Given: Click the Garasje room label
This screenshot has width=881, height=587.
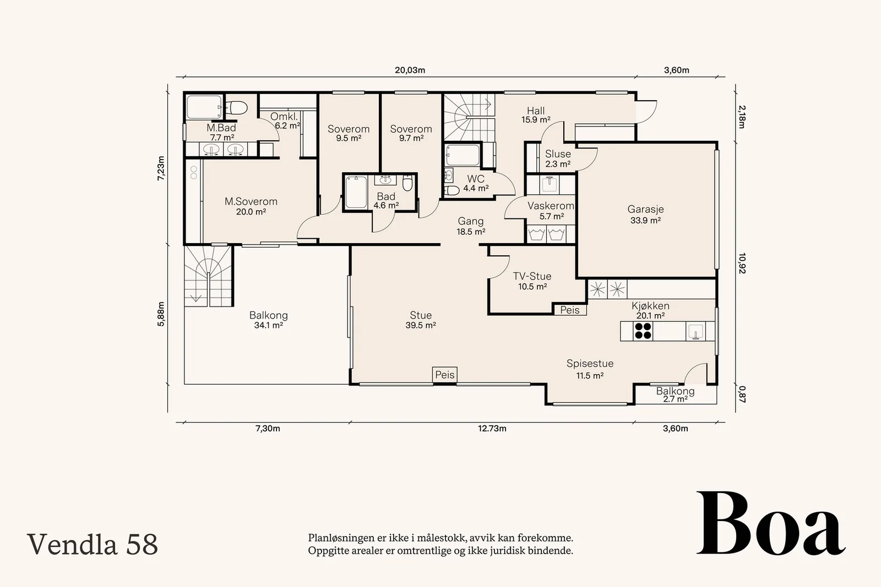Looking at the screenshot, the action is coord(645,210).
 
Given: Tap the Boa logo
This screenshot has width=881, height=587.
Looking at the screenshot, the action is coord(771,523).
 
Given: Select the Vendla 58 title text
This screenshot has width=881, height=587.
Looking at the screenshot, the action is coord(93,544).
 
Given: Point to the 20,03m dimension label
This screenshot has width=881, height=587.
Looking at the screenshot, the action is coord(410,70).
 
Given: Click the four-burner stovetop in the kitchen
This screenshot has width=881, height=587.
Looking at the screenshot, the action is coord(643,331).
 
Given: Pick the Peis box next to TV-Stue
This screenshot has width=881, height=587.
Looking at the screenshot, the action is coord(570,310).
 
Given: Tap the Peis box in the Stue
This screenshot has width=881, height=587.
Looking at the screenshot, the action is coord(445,375).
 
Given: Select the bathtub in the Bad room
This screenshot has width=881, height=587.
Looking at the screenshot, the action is coord(356,192).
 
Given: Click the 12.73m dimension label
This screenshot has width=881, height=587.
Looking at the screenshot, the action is coord(492,428).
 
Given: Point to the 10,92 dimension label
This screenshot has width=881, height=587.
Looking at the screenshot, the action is coord(742,264).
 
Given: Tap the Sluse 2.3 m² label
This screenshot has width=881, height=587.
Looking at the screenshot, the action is coord(558,159).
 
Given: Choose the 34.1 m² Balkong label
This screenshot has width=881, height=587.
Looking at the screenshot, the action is coord(269,325).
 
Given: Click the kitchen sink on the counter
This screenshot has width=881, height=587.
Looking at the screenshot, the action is coord(695,331).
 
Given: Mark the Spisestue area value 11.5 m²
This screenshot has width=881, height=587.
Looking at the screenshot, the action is coord(590,376).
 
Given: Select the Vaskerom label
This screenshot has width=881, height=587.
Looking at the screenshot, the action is coord(551,206).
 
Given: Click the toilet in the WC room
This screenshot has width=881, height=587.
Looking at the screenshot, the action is coord(452,191).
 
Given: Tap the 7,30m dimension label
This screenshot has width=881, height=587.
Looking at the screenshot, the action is coord(268,428).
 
